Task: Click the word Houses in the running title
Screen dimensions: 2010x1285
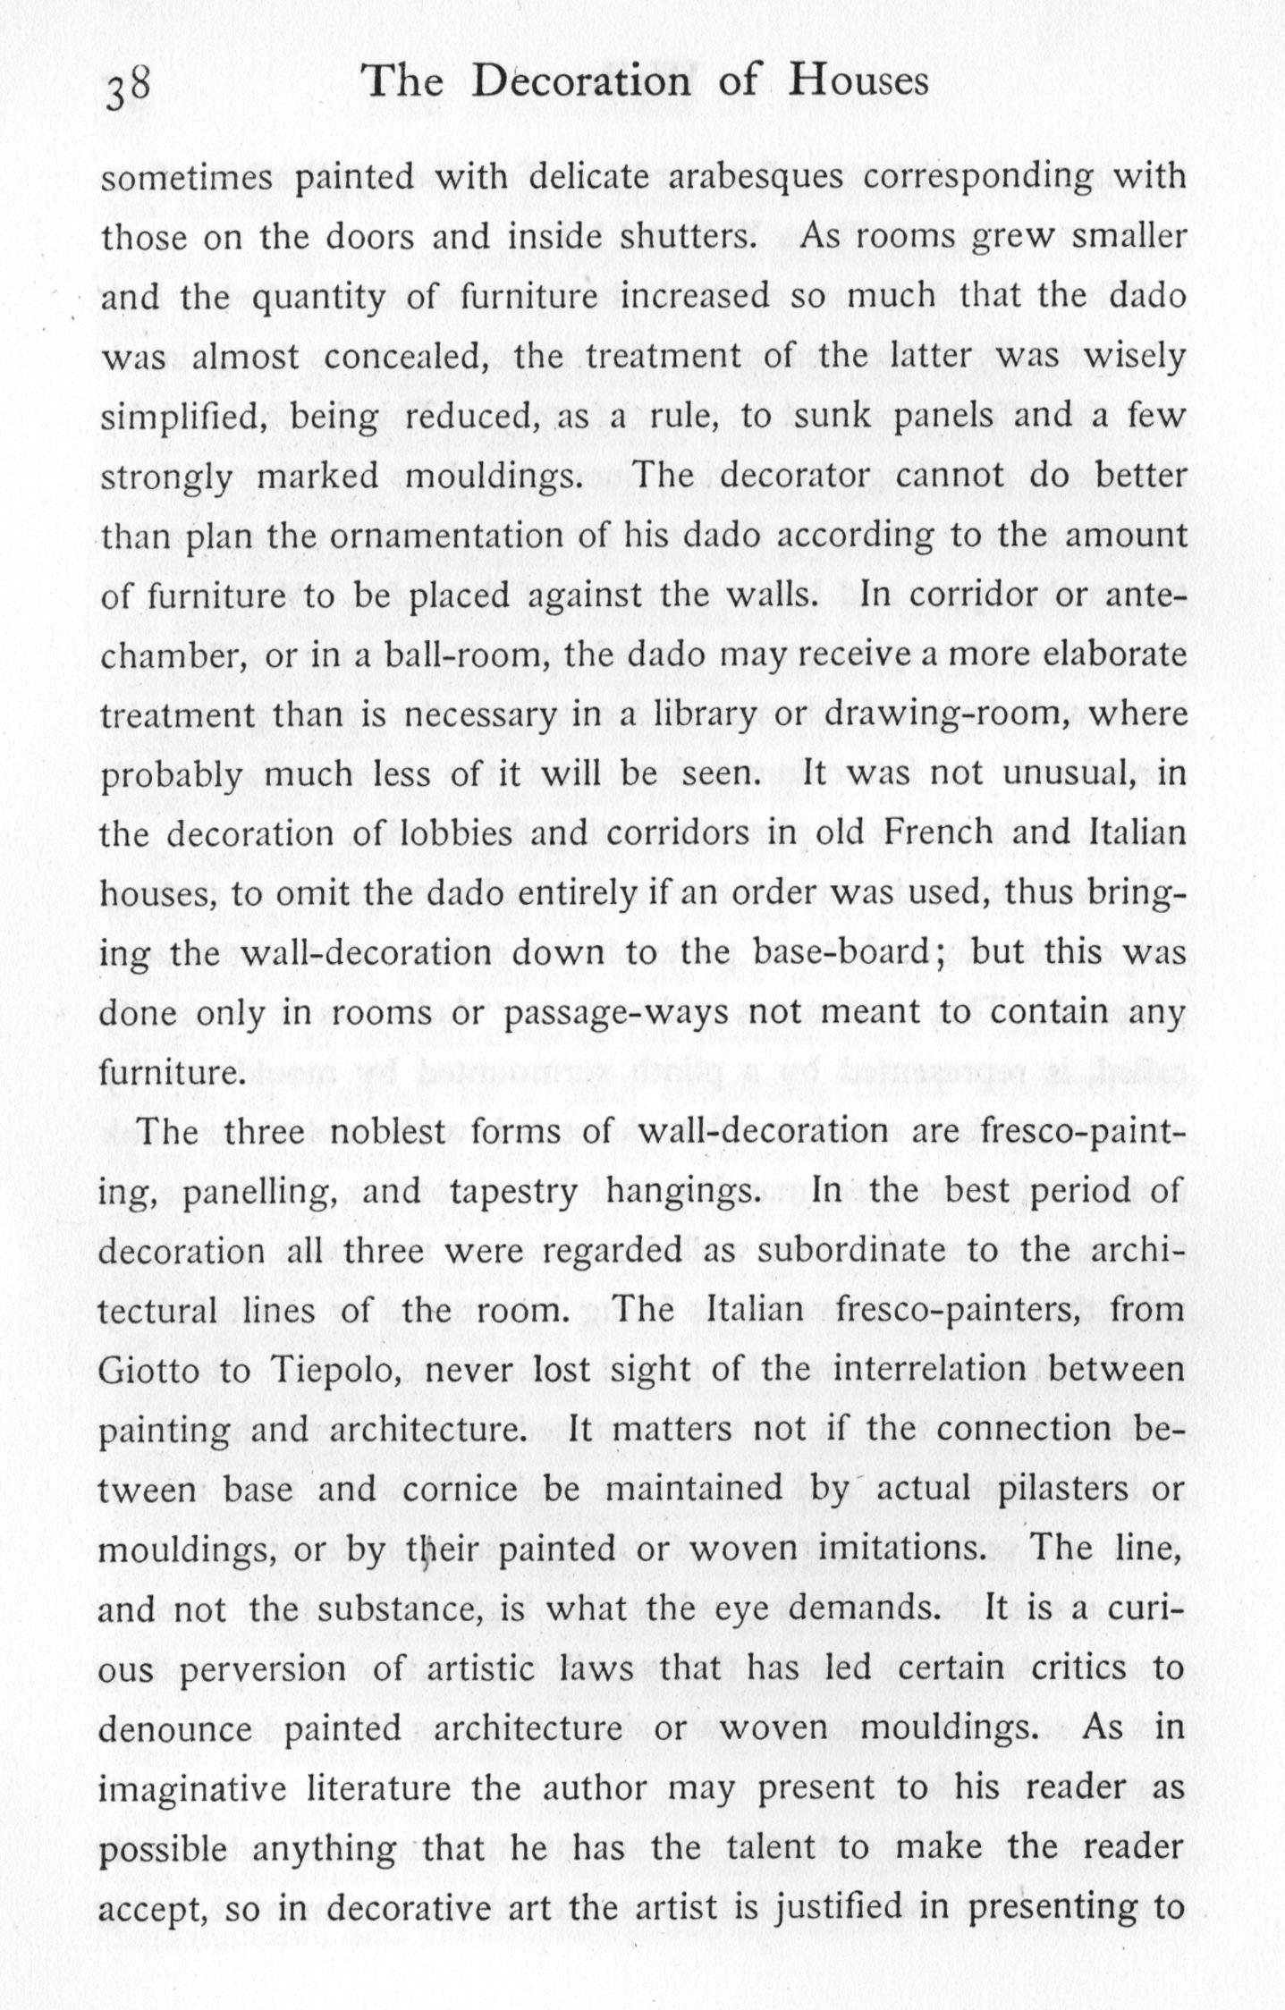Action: point(858,82)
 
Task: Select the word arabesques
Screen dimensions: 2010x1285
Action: point(756,177)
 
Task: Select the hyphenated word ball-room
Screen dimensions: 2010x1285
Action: point(461,655)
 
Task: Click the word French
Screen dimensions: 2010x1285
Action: point(938,833)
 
